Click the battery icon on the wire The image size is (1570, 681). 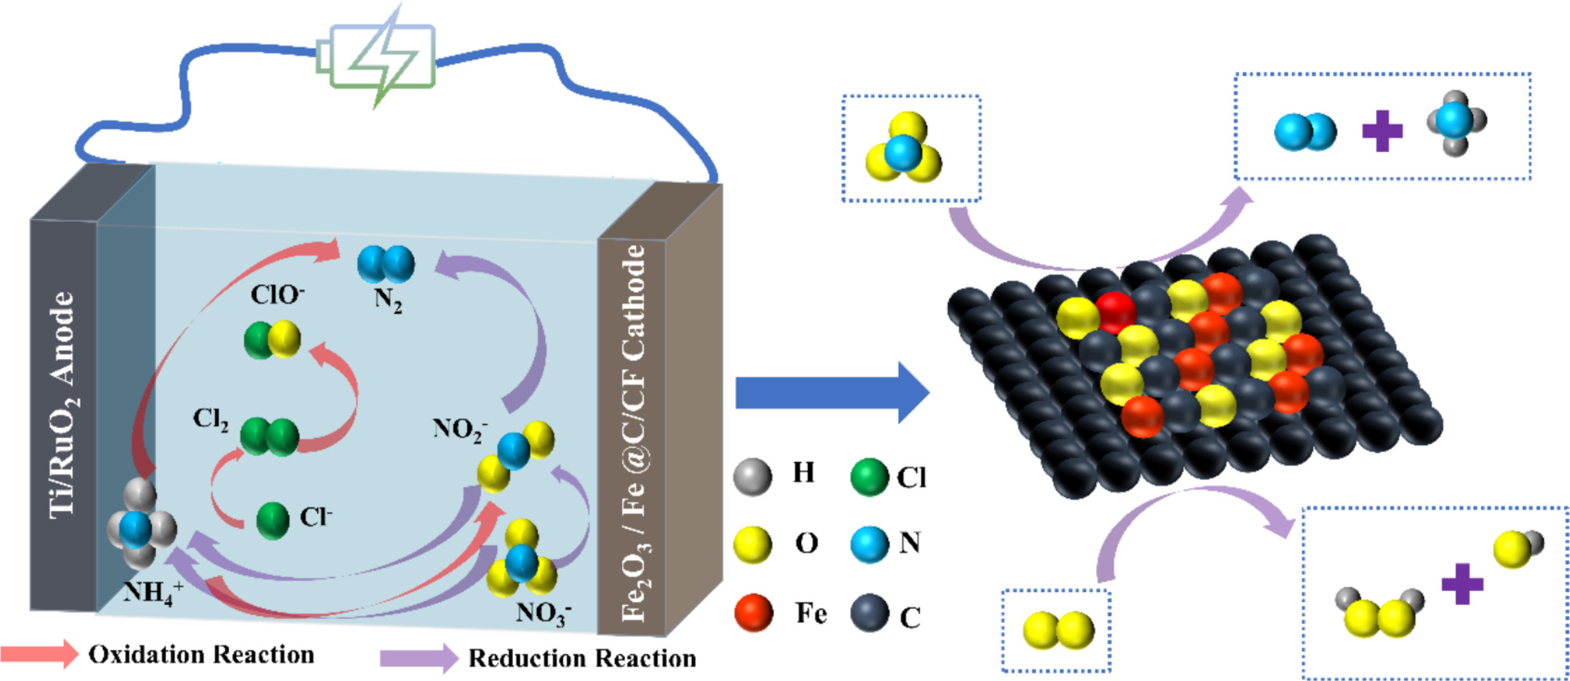click(x=376, y=55)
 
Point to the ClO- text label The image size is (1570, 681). click(x=277, y=294)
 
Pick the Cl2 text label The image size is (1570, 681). click(x=210, y=420)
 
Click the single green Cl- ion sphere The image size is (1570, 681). click(x=273, y=520)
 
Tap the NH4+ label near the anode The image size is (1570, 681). click(x=153, y=593)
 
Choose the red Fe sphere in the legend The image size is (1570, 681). click(x=754, y=613)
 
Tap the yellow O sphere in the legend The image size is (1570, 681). click(x=753, y=545)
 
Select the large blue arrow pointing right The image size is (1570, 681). click(x=833, y=393)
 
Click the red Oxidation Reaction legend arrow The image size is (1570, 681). click(x=39, y=653)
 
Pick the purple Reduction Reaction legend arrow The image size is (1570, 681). click(x=419, y=658)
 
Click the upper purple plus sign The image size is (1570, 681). click(x=1382, y=131)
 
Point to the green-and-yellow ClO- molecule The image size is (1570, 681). click(x=272, y=340)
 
